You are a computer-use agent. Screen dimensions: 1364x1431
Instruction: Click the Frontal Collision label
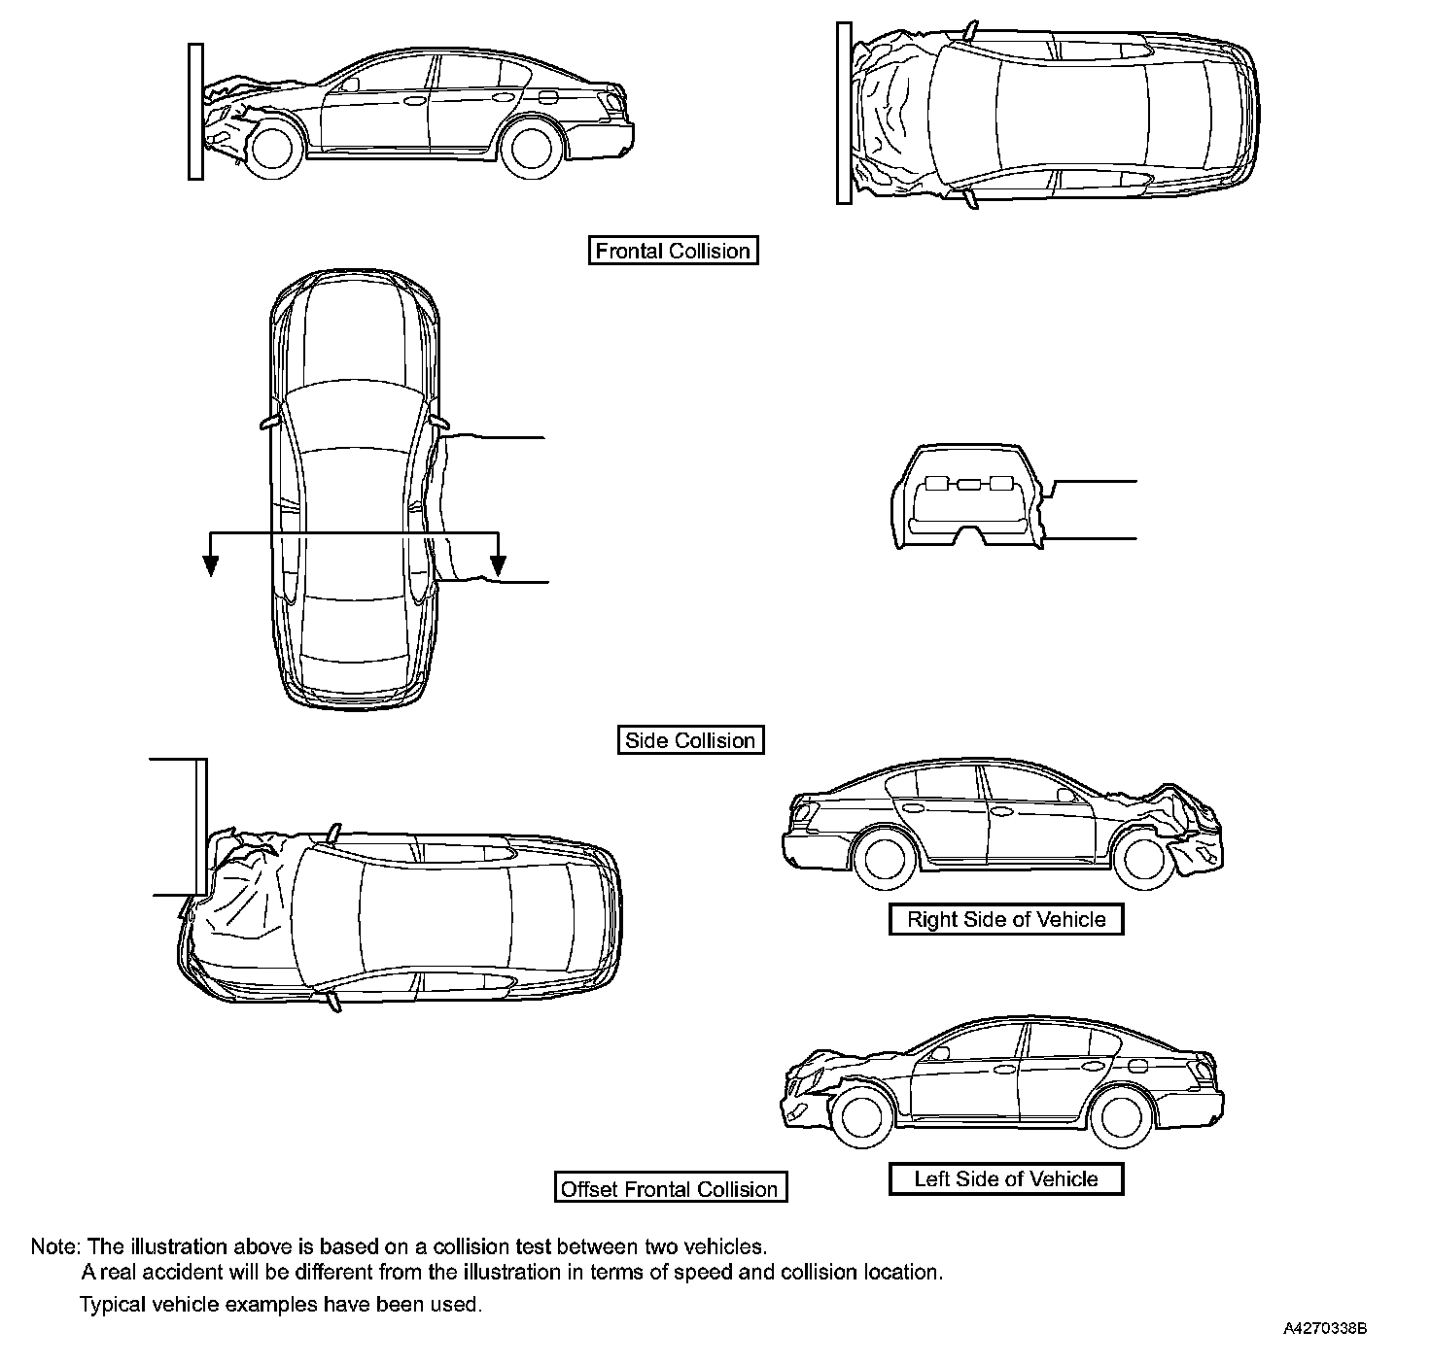click(673, 251)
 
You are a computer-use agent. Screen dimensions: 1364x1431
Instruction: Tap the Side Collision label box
click(690, 740)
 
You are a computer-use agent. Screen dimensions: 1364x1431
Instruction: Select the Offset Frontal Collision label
click(670, 1189)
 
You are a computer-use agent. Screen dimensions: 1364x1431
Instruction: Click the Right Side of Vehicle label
click(1006, 919)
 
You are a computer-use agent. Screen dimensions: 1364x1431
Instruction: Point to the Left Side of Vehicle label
click(1006, 1179)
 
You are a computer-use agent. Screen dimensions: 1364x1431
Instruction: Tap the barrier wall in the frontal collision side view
click(195, 111)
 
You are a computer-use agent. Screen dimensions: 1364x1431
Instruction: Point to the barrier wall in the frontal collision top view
click(844, 114)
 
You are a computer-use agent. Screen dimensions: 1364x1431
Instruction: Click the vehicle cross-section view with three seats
click(968, 497)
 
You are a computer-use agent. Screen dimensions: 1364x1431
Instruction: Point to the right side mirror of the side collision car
click(439, 423)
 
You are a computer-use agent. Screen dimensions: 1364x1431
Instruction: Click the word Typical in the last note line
click(113, 1305)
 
